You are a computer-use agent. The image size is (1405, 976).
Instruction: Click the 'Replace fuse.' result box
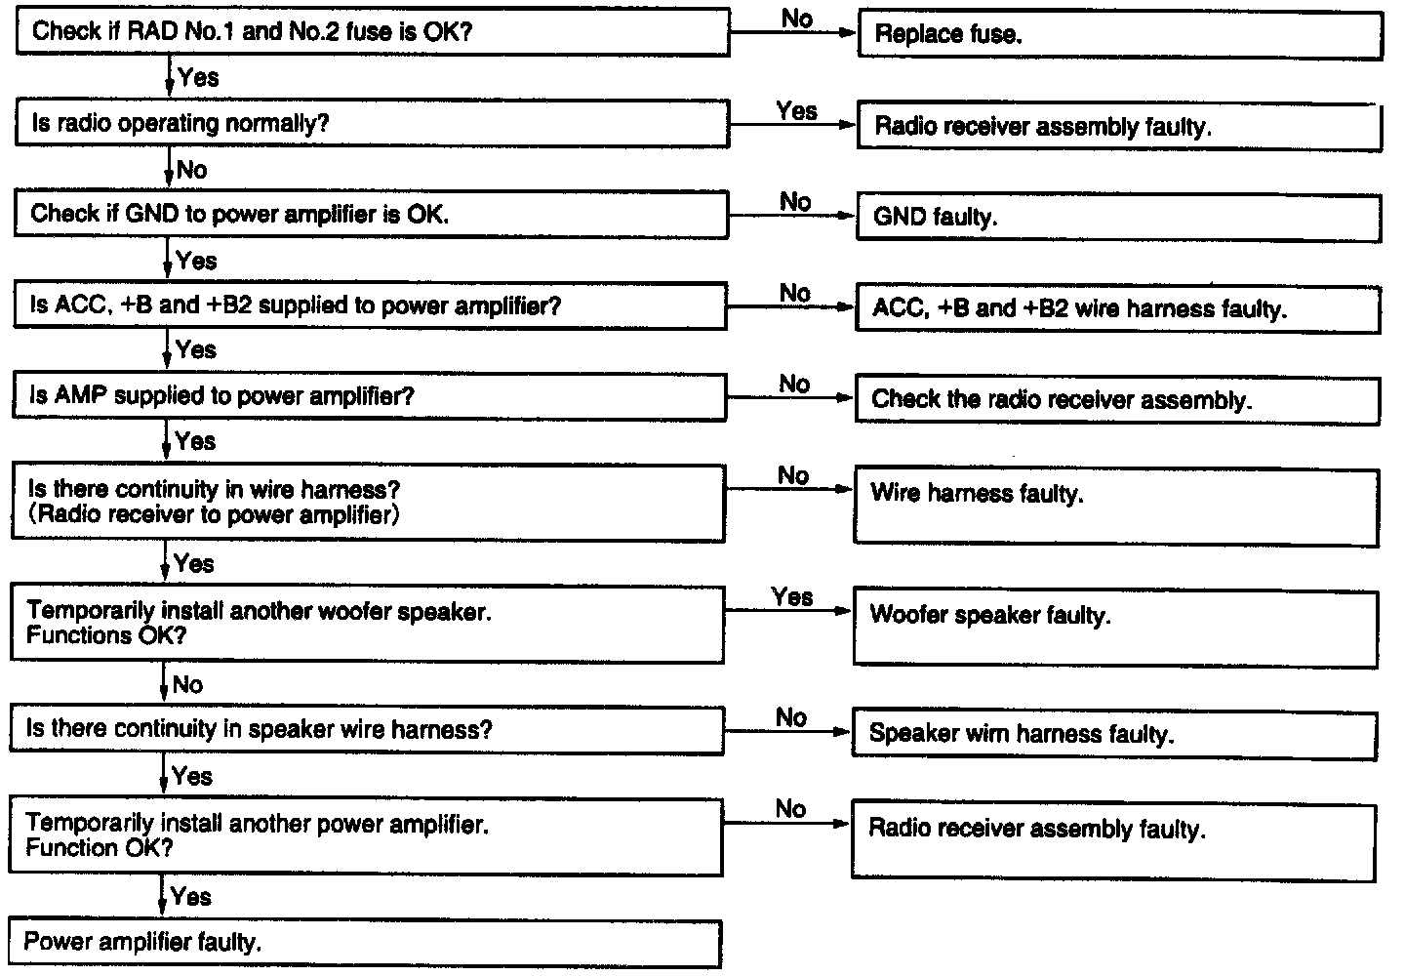click(1119, 35)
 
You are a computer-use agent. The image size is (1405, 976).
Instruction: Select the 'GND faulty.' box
click(1118, 217)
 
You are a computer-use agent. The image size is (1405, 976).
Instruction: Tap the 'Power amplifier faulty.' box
click(365, 943)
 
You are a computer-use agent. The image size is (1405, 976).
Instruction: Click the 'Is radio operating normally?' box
click(371, 124)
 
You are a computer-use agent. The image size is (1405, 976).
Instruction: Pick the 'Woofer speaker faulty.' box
click(1115, 627)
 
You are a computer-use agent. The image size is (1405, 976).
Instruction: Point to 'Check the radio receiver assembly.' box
click(1117, 399)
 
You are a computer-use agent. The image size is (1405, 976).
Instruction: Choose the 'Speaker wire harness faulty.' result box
click(1114, 734)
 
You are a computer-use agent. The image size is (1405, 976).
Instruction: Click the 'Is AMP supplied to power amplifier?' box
click(369, 396)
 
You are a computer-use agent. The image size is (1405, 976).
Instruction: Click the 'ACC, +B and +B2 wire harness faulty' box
click(1117, 308)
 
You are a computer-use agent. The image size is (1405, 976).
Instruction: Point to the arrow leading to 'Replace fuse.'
click(792, 32)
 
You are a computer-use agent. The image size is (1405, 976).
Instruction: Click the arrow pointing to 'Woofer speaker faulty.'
click(788, 611)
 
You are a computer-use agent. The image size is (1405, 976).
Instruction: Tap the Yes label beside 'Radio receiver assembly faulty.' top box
click(796, 111)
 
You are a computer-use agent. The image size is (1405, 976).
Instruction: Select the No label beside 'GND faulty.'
click(795, 202)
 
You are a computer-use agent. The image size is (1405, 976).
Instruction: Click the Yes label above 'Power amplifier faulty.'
click(190, 896)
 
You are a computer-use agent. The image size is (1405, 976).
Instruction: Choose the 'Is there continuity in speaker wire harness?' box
click(367, 730)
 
